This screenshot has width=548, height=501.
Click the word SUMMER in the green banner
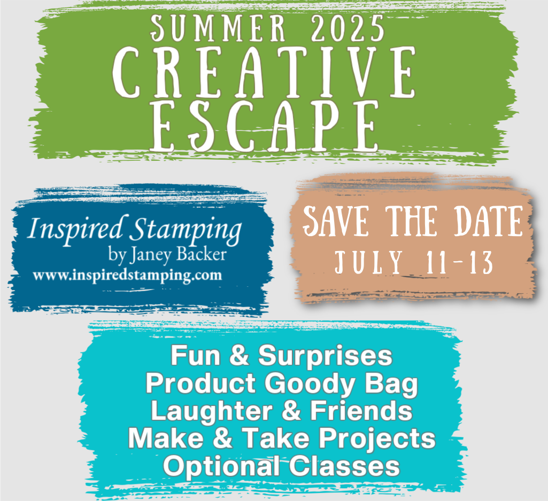pyautogui.click(x=219, y=28)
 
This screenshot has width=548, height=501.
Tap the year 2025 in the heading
pyautogui.click(x=348, y=28)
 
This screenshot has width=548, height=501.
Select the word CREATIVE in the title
pyautogui.click(x=264, y=72)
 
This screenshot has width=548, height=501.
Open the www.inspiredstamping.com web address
pyautogui.click(x=127, y=276)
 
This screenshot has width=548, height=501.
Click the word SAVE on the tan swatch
pyautogui.click(x=336, y=221)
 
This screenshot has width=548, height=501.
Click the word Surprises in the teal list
pyautogui.click(x=326, y=356)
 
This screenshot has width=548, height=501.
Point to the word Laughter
pyautogui.click(x=211, y=411)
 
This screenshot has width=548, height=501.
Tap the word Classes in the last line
pyautogui.click(x=344, y=466)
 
